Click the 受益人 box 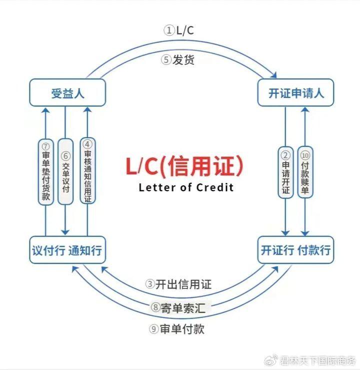(67, 92)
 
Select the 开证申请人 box (295, 92)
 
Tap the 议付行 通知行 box (67, 250)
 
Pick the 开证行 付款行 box (295, 250)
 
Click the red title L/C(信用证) (184, 166)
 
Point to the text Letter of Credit (185, 188)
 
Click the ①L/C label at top (178, 30)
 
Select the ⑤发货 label (177, 60)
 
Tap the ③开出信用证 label (178, 284)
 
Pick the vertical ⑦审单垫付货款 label (46, 171)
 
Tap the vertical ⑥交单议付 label (65, 171)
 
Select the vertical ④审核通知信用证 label (87, 171)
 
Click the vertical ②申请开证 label (285, 171)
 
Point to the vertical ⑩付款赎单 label (305, 171)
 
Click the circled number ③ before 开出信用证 (150, 284)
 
